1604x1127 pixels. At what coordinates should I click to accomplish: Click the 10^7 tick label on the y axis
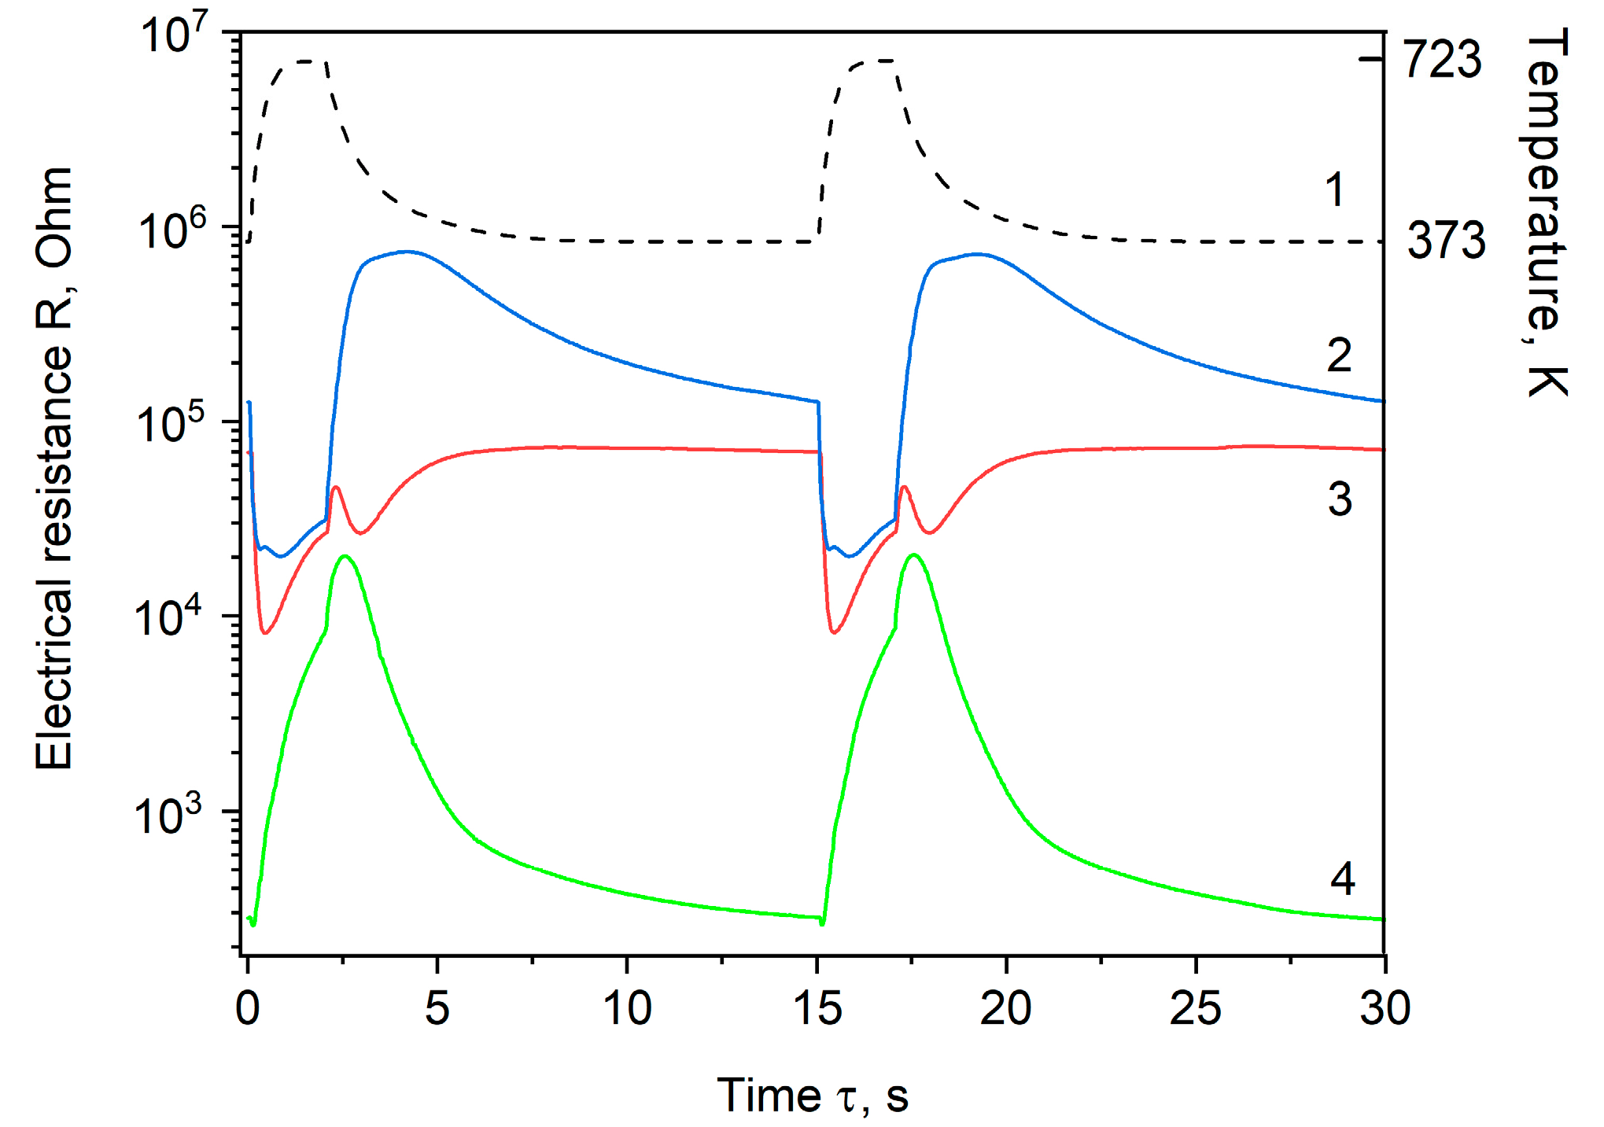point(175,35)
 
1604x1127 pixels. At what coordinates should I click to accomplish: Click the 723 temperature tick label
point(1443,59)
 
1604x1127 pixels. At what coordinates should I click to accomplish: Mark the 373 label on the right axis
point(1446,241)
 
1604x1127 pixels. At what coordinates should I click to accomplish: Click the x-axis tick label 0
point(248,1008)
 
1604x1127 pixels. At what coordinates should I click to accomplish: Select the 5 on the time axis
point(437,1008)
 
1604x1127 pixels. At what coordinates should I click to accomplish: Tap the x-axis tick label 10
point(627,1008)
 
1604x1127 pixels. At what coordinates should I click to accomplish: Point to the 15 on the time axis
point(817,1008)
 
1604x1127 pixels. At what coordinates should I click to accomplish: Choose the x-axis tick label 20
point(1005,1008)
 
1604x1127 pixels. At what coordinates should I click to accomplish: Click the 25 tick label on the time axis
point(1195,1008)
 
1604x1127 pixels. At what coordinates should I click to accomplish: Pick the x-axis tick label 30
point(1385,1008)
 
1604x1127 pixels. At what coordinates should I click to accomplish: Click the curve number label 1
point(1335,190)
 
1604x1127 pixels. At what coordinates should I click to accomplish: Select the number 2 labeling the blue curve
point(1339,355)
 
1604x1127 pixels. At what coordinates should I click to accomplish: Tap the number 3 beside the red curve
point(1340,499)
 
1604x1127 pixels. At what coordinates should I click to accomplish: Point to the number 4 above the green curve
point(1342,878)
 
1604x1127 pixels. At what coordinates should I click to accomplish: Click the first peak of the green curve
point(345,557)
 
